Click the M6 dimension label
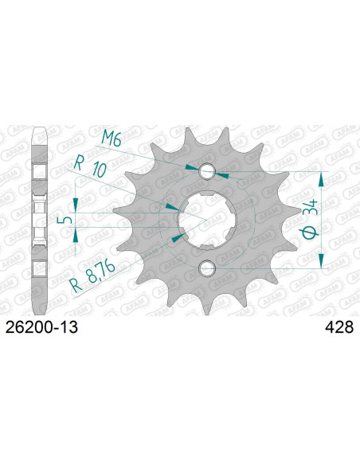(x=112, y=139)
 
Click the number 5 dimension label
(x=68, y=220)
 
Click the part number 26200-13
(x=41, y=327)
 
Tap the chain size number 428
(x=339, y=327)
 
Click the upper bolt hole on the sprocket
(x=207, y=171)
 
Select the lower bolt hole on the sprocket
(x=207, y=268)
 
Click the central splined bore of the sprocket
(x=206, y=220)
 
